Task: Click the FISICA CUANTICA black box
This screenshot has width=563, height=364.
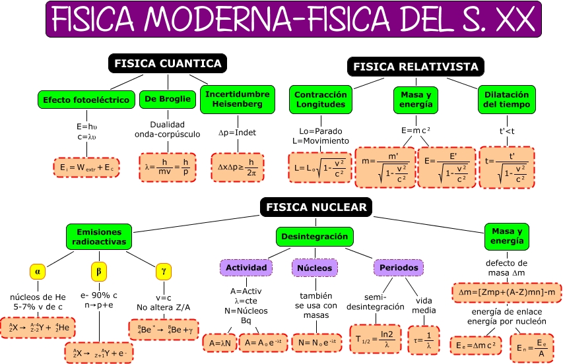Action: [x=168, y=63]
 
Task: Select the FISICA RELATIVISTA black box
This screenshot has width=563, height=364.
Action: [x=416, y=67]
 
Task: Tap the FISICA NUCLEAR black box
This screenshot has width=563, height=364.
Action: [x=316, y=207]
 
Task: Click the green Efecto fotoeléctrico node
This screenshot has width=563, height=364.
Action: [x=86, y=100]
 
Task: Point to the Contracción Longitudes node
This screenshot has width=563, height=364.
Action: [x=320, y=99]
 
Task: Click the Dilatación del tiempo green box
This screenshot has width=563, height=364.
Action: [x=506, y=99]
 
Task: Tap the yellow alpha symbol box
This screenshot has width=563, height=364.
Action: [x=38, y=271]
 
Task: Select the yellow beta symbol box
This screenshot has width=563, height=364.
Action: [x=99, y=271]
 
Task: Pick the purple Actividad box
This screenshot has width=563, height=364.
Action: [x=246, y=268]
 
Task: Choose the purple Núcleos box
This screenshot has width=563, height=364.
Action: [x=314, y=268]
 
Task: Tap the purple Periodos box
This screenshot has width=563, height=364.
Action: [x=399, y=268]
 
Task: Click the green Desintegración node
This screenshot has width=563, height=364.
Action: [x=314, y=236]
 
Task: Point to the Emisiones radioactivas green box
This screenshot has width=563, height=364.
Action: [x=99, y=237]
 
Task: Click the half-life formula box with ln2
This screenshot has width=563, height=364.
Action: [x=374, y=334]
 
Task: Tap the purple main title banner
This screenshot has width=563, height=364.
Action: [x=294, y=18]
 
